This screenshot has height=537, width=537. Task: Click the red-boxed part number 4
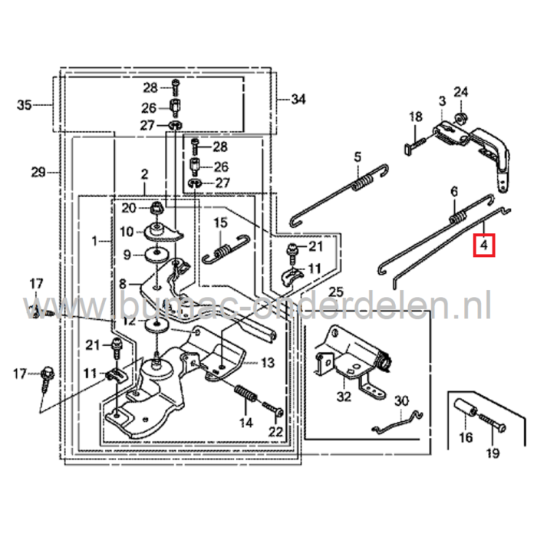(484, 245)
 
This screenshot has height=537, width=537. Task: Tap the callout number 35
(24, 105)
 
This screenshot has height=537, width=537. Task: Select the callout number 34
(298, 99)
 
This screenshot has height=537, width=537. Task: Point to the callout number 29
(38, 173)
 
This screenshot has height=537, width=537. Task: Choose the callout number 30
(401, 401)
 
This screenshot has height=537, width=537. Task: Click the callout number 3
(442, 100)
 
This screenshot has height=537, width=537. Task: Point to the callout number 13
(267, 362)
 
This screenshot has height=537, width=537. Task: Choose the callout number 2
(143, 176)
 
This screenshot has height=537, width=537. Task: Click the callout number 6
(453, 190)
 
